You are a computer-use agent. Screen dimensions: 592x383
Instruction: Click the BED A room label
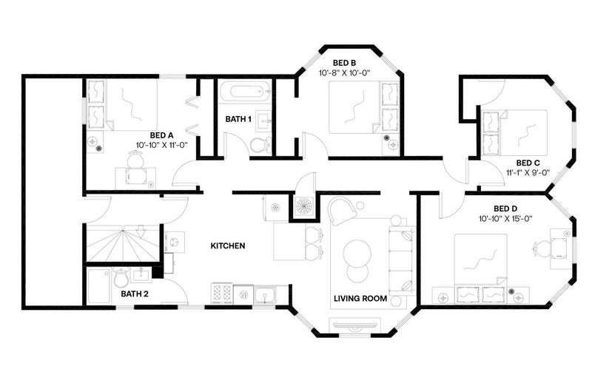[161, 135]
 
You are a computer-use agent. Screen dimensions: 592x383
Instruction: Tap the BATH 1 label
[238, 119]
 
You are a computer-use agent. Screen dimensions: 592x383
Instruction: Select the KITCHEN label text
[228, 245]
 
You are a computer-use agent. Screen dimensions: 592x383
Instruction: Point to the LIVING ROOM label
[360, 299]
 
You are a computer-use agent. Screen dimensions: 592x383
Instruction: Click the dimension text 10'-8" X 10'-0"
[344, 72]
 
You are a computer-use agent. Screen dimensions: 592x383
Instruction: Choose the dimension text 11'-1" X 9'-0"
[528, 173]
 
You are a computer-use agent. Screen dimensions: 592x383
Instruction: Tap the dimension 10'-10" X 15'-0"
[505, 218]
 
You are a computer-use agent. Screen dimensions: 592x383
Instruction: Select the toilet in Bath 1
[260, 144]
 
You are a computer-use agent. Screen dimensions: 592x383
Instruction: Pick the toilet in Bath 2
[121, 278]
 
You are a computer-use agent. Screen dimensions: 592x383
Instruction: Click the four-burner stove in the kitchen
[222, 294]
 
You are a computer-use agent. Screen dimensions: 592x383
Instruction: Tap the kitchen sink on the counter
[266, 295]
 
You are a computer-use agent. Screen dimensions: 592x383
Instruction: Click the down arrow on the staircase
[141, 230]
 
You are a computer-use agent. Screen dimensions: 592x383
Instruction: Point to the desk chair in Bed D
[541, 248]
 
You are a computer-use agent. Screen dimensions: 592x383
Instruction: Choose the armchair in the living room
[342, 211]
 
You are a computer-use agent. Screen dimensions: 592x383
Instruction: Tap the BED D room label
[505, 209]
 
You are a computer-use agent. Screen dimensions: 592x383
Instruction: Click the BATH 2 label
[135, 294]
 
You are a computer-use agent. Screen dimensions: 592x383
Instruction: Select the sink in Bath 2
[141, 274]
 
